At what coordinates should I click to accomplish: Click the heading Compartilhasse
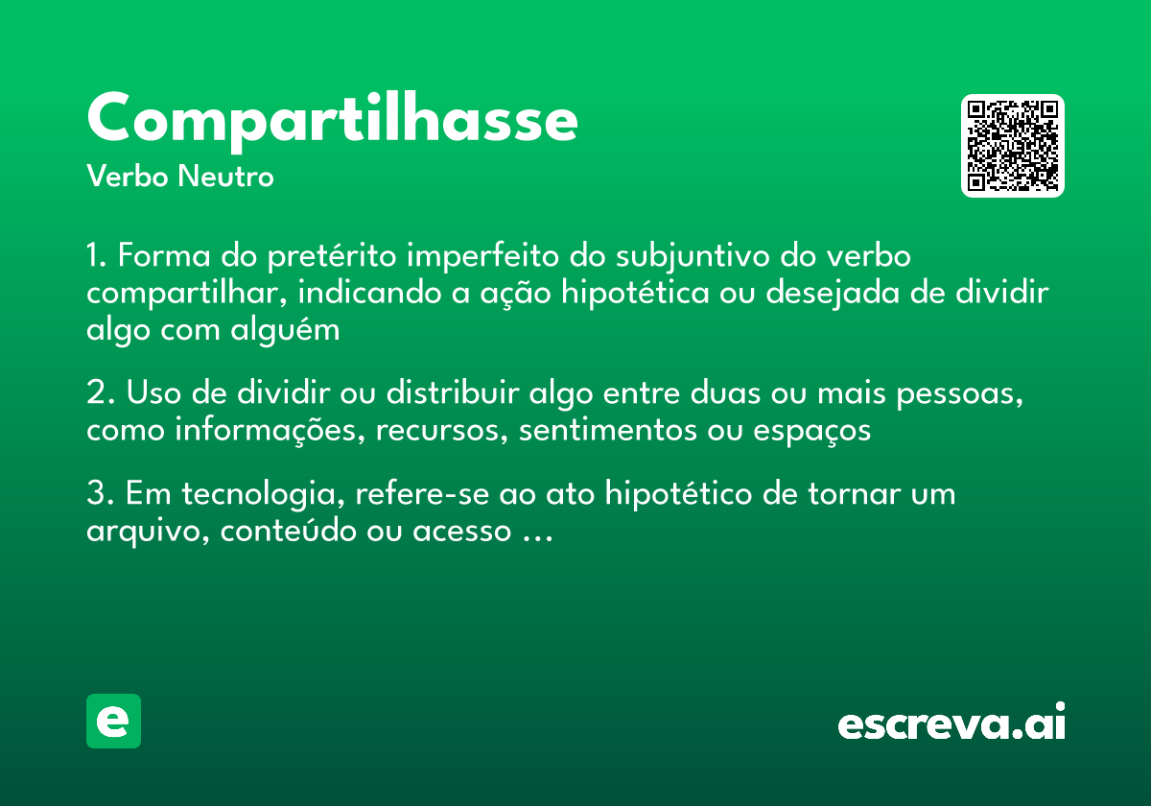(x=332, y=120)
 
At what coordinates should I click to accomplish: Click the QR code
(x=1012, y=146)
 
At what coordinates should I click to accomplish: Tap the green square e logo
(x=113, y=721)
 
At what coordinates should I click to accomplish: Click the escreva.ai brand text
(x=951, y=723)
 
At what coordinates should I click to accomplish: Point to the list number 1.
(x=95, y=257)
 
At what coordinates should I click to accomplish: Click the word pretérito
(x=336, y=257)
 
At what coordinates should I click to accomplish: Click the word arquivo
(x=145, y=532)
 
